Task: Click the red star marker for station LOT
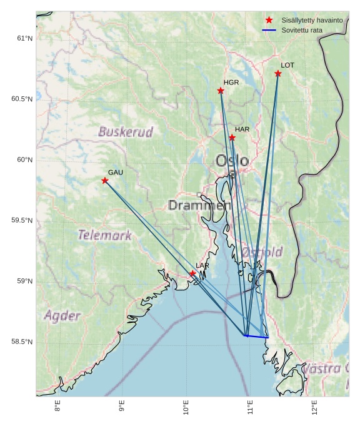278,74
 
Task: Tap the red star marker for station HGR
221,91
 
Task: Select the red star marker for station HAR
232,138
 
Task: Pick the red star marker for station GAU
105,181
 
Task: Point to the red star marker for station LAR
192,273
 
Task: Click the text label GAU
116,172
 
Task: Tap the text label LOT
287,65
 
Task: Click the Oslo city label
232,161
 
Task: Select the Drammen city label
199,205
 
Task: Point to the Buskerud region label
126,132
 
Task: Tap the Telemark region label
104,235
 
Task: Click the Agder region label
62,315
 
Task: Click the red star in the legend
269,20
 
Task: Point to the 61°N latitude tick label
24,38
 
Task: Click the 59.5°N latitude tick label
22,220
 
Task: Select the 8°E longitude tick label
57,407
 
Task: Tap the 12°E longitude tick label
314,407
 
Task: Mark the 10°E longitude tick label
186,407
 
